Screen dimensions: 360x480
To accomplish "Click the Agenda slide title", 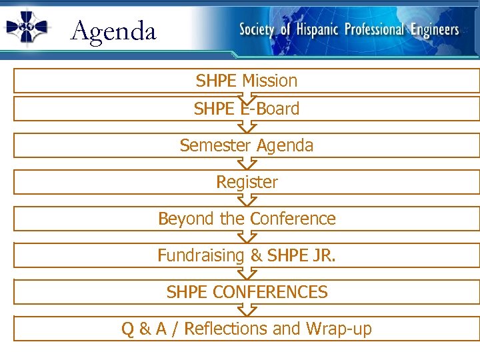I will [113, 31].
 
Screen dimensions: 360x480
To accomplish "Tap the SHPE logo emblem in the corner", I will [27, 27].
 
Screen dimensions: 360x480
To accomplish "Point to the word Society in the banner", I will [257, 30].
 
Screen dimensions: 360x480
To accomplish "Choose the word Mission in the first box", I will [269, 81].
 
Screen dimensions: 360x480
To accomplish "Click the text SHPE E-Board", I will [247, 109].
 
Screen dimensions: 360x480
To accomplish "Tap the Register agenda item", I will [247, 182].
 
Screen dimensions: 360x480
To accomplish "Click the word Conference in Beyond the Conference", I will [293, 219].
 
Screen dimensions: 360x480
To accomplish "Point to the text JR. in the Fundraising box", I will [323, 255].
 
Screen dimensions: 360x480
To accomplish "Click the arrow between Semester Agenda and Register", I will [247, 163].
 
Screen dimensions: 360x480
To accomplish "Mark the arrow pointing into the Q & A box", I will [247, 310].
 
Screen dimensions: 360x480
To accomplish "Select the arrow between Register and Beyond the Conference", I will [247, 200].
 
